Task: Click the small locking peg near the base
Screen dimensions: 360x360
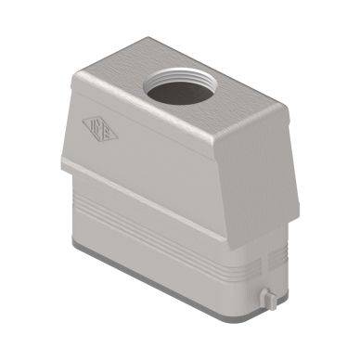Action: pyautogui.click(x=267, y=298)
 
